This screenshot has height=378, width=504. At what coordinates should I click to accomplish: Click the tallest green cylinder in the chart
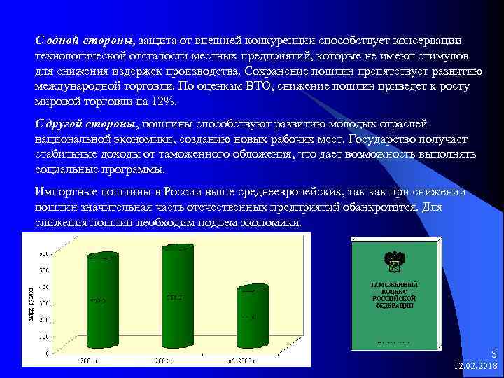click(x=177, y=297)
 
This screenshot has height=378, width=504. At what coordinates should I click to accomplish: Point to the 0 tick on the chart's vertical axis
click(x=45, y=353)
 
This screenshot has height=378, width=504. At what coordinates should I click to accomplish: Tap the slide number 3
click(x=493, y=354)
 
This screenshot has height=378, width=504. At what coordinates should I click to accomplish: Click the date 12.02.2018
click(x=475, y=366)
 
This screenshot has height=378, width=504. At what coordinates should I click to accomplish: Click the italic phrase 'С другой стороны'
click(x=87, y=124)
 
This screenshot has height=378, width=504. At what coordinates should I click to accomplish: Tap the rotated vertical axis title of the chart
click(x=30, y=302)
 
